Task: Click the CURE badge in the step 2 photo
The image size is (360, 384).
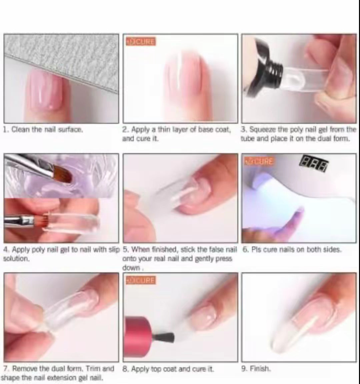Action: tap(141, 42)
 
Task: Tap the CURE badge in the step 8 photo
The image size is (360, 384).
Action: tap(141, 280)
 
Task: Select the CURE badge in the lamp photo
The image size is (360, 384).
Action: tap(259, 162)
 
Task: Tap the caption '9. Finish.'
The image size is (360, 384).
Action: tap(256, 369)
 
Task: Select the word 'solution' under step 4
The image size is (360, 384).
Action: tap(16, 259)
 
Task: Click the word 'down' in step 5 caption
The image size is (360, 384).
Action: tap(131, 268)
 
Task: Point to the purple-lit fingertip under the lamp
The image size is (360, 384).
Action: tap(294, 219)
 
